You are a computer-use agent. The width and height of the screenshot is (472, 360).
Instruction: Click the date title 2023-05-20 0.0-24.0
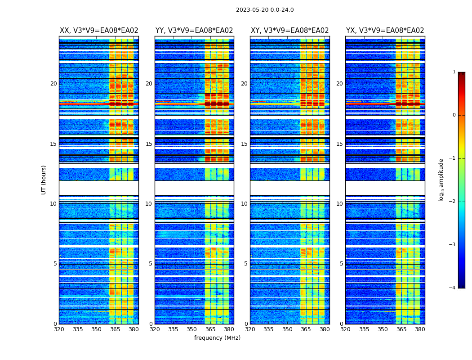tap(265, 10)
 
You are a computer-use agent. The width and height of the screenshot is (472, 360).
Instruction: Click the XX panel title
tap(99, 31)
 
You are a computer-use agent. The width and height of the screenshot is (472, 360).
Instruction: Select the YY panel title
tap(194, 31)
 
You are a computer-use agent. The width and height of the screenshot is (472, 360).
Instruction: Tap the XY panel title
tap(289, 31)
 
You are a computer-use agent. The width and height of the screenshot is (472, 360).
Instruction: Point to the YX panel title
tap(385, 31)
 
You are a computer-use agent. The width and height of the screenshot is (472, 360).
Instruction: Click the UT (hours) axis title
tap(44, 180)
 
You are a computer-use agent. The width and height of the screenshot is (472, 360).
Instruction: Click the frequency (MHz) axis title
tap(217, 338)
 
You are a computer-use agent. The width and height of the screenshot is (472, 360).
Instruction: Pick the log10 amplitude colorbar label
tap(441, 180)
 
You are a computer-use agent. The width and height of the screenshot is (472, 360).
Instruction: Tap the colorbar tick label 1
tap(454, 72)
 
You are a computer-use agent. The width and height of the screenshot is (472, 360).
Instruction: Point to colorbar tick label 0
tap(454, 115)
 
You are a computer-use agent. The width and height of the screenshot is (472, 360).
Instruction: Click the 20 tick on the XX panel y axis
tap(53, 84)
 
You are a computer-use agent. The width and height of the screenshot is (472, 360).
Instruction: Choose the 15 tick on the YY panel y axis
tap(149, 144)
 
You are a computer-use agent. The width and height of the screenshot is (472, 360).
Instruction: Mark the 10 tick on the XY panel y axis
tap(244, 204)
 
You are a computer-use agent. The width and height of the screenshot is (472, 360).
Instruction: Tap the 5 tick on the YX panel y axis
tap(341, 264)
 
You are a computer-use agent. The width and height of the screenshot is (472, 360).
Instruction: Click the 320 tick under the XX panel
tap(59, 329)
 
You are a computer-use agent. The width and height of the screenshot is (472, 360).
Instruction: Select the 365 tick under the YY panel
tap(210, 329)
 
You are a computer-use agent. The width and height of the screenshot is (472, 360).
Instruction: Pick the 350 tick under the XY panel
tap(287, 329)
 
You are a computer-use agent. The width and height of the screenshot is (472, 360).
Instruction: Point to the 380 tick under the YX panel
tap(420, 329)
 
